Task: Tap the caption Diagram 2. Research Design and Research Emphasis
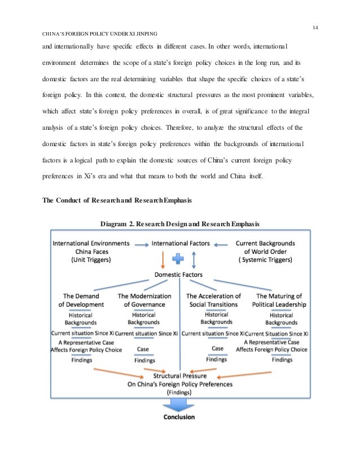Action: pyautogui.click(x=180, y=224)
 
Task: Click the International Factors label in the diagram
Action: pyautogui.click(x=181, y=244)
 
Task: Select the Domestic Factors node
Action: pyautogui.click(x=178, y=275)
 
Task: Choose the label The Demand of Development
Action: pyautogui.click(x=81, y=300)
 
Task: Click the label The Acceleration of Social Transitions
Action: pyautogui.click(x=213, y=300)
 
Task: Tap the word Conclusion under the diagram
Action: pyautogui.click(x=179, y=417)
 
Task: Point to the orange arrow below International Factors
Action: pyautogui.click(x=163, y=260)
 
